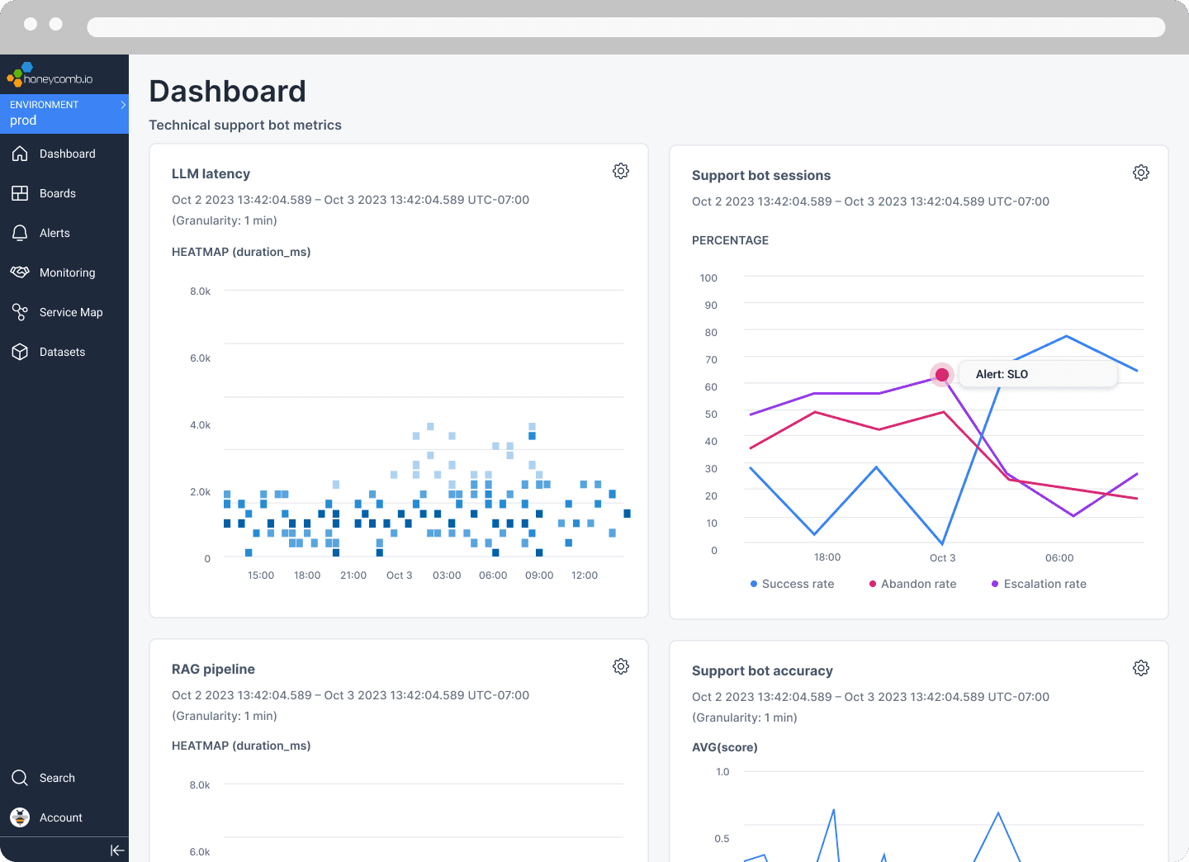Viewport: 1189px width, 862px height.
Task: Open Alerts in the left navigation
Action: tap(54, 233)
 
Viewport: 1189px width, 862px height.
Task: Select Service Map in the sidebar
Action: tap(70, 312)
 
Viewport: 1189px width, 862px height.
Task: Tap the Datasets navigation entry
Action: tap(62, 352)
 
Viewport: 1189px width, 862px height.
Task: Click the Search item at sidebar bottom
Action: tap(56, 778)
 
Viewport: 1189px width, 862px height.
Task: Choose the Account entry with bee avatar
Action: tap(60, 817)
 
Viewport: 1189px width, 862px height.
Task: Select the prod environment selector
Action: tap(64, 113)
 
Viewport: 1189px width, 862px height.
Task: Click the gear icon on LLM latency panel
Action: tap(621, 171)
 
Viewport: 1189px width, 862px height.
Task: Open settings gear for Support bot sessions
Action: tap(1140, 173)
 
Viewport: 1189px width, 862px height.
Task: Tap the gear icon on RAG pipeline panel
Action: tap(621, 666)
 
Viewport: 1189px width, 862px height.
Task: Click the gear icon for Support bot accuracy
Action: tap(1140, 668)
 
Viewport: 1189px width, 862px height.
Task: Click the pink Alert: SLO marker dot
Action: tap(941, 375)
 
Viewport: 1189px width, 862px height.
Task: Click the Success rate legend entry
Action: tap(792, 584)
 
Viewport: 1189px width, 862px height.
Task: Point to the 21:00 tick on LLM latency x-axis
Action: tap(353, 575)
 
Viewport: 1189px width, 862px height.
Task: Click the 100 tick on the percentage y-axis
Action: tap(708, 278)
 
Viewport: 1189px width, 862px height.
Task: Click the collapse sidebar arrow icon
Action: tap(117, 850)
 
